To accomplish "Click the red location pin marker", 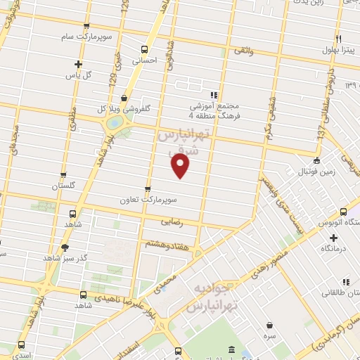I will pyautogui.click(x=181, y=165).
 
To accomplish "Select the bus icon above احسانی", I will pyautogui.click(x=144, y=49).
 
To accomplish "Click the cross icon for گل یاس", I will pyautogui.click(x=78, y=64).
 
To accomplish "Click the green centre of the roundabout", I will pyautogui.click(x=112, y=123).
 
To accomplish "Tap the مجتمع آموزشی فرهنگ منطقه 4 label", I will pyautogui.click(x=214, y=105).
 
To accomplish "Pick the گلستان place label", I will pyautogui.click(x=63, y=186).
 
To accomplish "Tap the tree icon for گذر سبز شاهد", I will pyautogui.click(x=65, y=247).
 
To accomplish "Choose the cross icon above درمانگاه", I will pyautogui.click(x=333, y=238).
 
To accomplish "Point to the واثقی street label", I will pyautogui.click(x=243, y=52).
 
